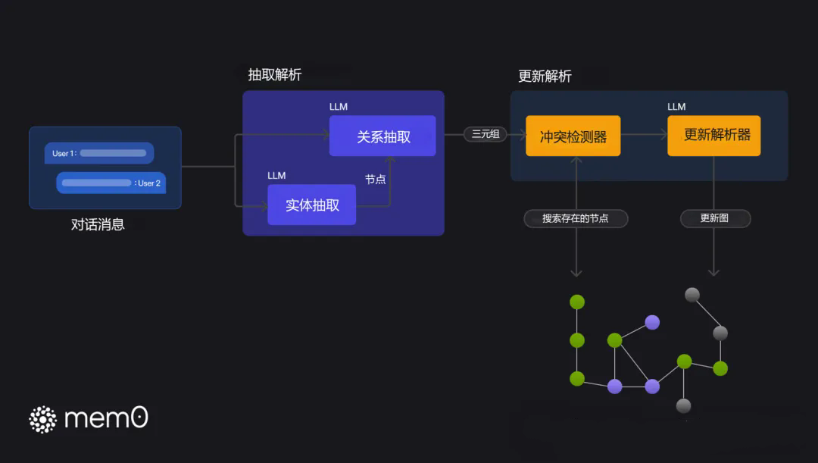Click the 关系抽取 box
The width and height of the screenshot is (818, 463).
(382, 136)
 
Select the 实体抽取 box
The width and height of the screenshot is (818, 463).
(311, 205)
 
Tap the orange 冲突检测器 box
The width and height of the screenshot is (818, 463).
(573, 136)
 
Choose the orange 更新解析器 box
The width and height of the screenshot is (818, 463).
(713, 136)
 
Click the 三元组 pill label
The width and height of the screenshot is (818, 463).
(485, 134)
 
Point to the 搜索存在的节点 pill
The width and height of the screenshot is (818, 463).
(576, 218)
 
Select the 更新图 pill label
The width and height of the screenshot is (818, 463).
(715, 218)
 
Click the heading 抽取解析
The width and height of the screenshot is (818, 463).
(275, 75)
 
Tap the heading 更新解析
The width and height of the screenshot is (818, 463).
(545, 77)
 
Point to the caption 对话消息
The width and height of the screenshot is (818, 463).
(98, 224)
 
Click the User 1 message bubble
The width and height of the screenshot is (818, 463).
(99, 153)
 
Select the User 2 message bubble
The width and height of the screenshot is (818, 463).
(111, 183)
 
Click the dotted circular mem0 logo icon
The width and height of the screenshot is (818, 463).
(42, 419)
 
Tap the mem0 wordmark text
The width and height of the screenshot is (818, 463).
(106, 418)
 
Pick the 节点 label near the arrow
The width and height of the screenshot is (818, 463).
(375, 180)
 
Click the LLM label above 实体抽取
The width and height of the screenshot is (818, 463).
(276, 175)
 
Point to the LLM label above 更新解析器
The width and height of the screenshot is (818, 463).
(676, 107)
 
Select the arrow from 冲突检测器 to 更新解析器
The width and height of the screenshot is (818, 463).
(645, 135)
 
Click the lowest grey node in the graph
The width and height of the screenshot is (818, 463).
(683, 405)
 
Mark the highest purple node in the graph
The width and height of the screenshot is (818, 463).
(652, 322)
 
